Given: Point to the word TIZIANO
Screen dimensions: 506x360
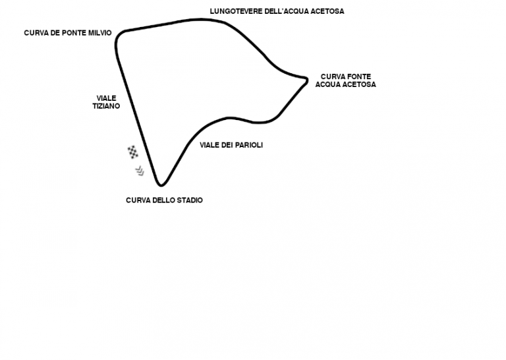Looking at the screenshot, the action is click(106, 106).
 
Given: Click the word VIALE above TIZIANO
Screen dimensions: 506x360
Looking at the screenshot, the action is click(106, 98).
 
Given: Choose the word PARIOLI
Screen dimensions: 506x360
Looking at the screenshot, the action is click(249, 145).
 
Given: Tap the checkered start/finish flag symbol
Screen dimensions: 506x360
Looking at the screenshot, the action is click(132, 152).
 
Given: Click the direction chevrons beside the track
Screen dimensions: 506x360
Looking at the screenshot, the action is click(140, 171).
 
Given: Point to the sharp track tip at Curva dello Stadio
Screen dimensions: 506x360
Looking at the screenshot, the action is click(161, 185).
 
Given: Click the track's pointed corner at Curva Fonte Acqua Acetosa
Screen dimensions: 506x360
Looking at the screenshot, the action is click(306, 79).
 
